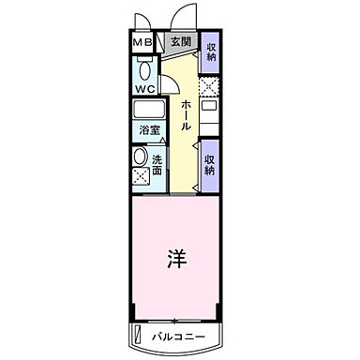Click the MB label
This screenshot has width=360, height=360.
pos(142,43)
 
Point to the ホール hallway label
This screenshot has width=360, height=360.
pos(187,114)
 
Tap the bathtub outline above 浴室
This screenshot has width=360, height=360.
pos(149,108)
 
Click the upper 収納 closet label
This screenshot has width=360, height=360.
pos(211,54)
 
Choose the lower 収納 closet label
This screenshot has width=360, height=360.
pos(211,164)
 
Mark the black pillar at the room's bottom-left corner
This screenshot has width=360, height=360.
pos(133,317)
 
